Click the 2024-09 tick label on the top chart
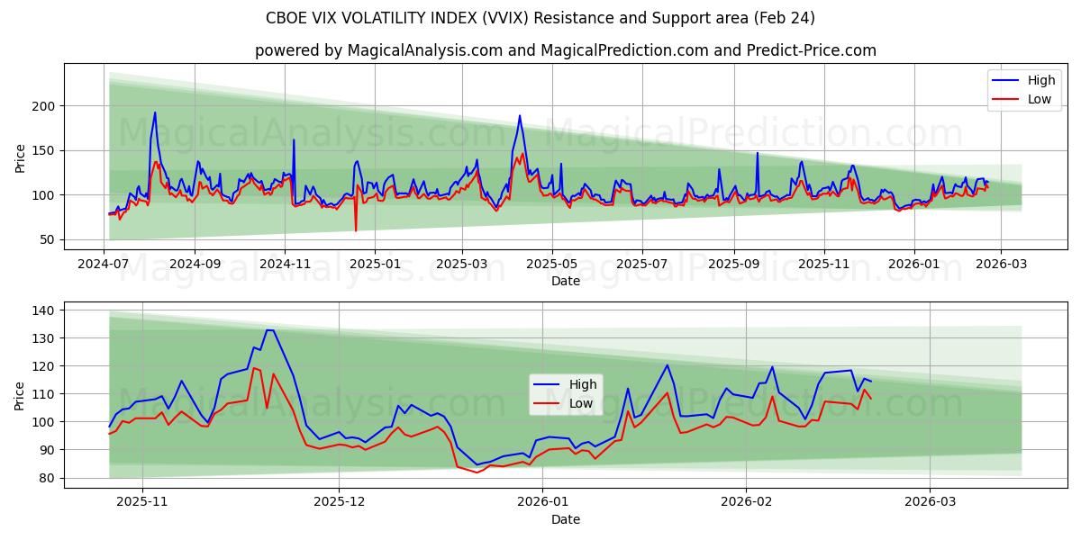[x=195, y=265]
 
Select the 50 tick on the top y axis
[x=49, y=239]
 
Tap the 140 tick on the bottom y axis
[x=45, y=310]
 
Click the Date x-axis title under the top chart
[x=565, y=281]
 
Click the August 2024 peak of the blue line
[x=155, y=112]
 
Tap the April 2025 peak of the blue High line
[x=520, y=115]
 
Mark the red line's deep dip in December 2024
[x=356, y=230]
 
